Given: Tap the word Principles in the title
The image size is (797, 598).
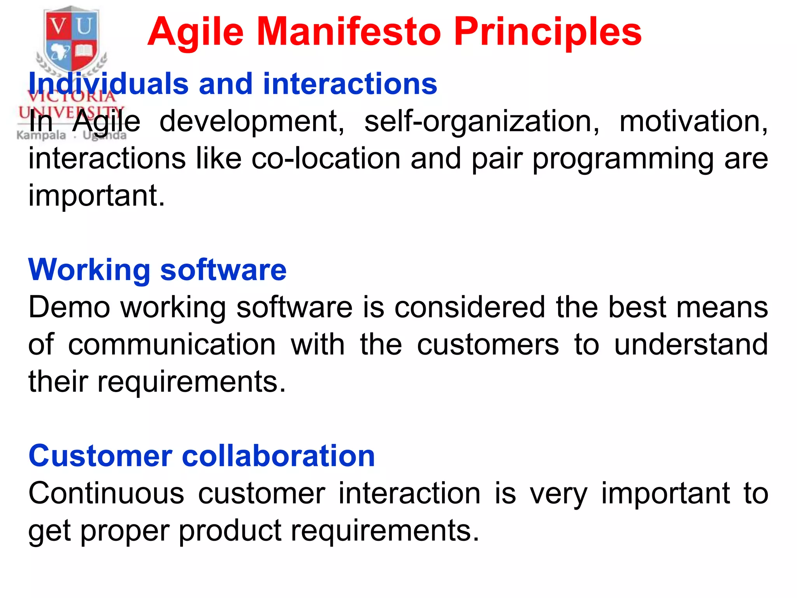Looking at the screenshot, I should click(548, 32).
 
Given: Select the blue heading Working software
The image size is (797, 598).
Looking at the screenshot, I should click(157, 270).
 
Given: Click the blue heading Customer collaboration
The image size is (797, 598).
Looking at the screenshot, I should click(202, 456).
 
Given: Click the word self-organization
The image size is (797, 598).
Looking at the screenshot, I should click(482, 121).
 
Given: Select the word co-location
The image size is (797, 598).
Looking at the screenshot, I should click(326, 158).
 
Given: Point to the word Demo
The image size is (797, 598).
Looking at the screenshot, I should click(69, 307).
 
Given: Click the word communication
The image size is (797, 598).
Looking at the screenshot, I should click(172, 345).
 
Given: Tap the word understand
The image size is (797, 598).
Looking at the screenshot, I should click(691, 345).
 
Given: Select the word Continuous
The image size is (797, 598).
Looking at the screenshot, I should click(106, 493).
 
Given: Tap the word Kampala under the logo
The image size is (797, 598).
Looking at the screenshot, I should click(41, 136).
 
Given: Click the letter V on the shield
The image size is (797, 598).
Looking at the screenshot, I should click(59, 26).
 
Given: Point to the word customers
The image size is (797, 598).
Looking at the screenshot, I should click(488, 345).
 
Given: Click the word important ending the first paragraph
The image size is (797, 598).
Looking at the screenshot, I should click(97, 196).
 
